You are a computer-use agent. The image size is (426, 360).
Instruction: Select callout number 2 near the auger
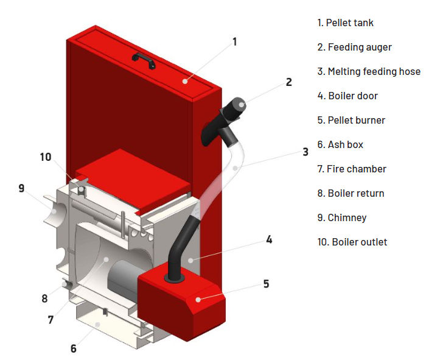pos(289,82)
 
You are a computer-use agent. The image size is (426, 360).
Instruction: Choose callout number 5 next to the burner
pos(267,284)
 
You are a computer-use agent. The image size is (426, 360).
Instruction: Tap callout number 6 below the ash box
pos(73,348)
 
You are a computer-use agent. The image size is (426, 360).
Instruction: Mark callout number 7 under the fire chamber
pos(51,319)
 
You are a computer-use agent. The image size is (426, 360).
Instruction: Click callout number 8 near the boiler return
pos(44,299)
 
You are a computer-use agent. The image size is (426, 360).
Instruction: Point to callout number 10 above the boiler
pos(46,157)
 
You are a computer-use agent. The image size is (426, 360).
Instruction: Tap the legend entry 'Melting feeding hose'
pos(368,72)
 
